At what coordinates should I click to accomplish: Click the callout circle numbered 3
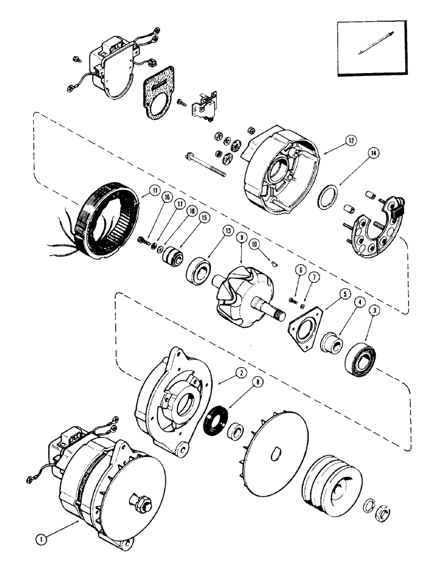373,309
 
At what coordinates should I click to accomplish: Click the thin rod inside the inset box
371,48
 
